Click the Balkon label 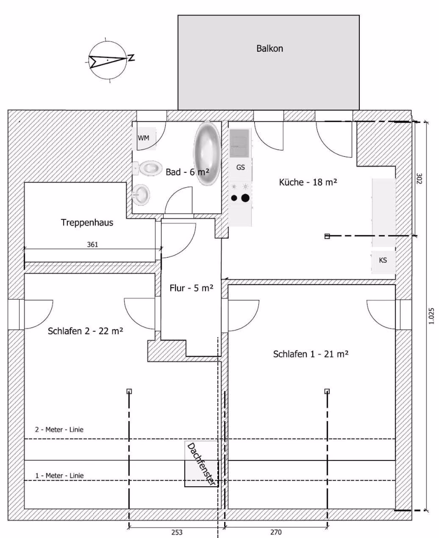coord(270,48)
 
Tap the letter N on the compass coord(131,58)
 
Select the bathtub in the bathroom coord(208,153)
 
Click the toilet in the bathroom coord(147,168)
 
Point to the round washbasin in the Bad coord(141,194)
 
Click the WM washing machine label coord(144,138)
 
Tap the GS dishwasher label coord(240,167)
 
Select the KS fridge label coord(383,260)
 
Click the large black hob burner coord(245,198)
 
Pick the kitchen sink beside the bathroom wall coord(239,143)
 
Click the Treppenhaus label coord(87,222)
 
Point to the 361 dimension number coord(92,244)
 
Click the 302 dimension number coord(419,178)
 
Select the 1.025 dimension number coord(431,316)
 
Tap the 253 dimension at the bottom coord(177,532)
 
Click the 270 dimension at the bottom coord(276,532)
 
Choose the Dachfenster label coord(201,464)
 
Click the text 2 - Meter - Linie coord(59,430)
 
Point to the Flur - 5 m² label coord(192,288)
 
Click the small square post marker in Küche coord(327,236)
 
